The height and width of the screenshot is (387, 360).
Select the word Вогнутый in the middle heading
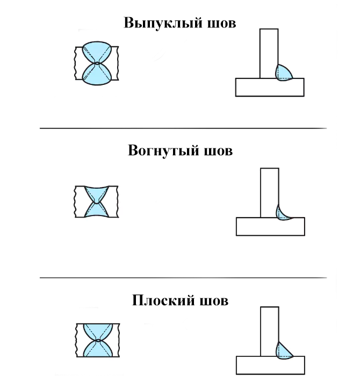click(162, 150)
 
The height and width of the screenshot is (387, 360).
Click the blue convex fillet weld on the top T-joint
click(284, 72)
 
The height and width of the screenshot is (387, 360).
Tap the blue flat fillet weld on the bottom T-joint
click(283, 350)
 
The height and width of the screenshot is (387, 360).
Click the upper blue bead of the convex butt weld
click(97, 52)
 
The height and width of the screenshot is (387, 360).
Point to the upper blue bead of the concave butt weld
click(97, 194)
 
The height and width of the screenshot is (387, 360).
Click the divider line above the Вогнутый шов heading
click(183, 128)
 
